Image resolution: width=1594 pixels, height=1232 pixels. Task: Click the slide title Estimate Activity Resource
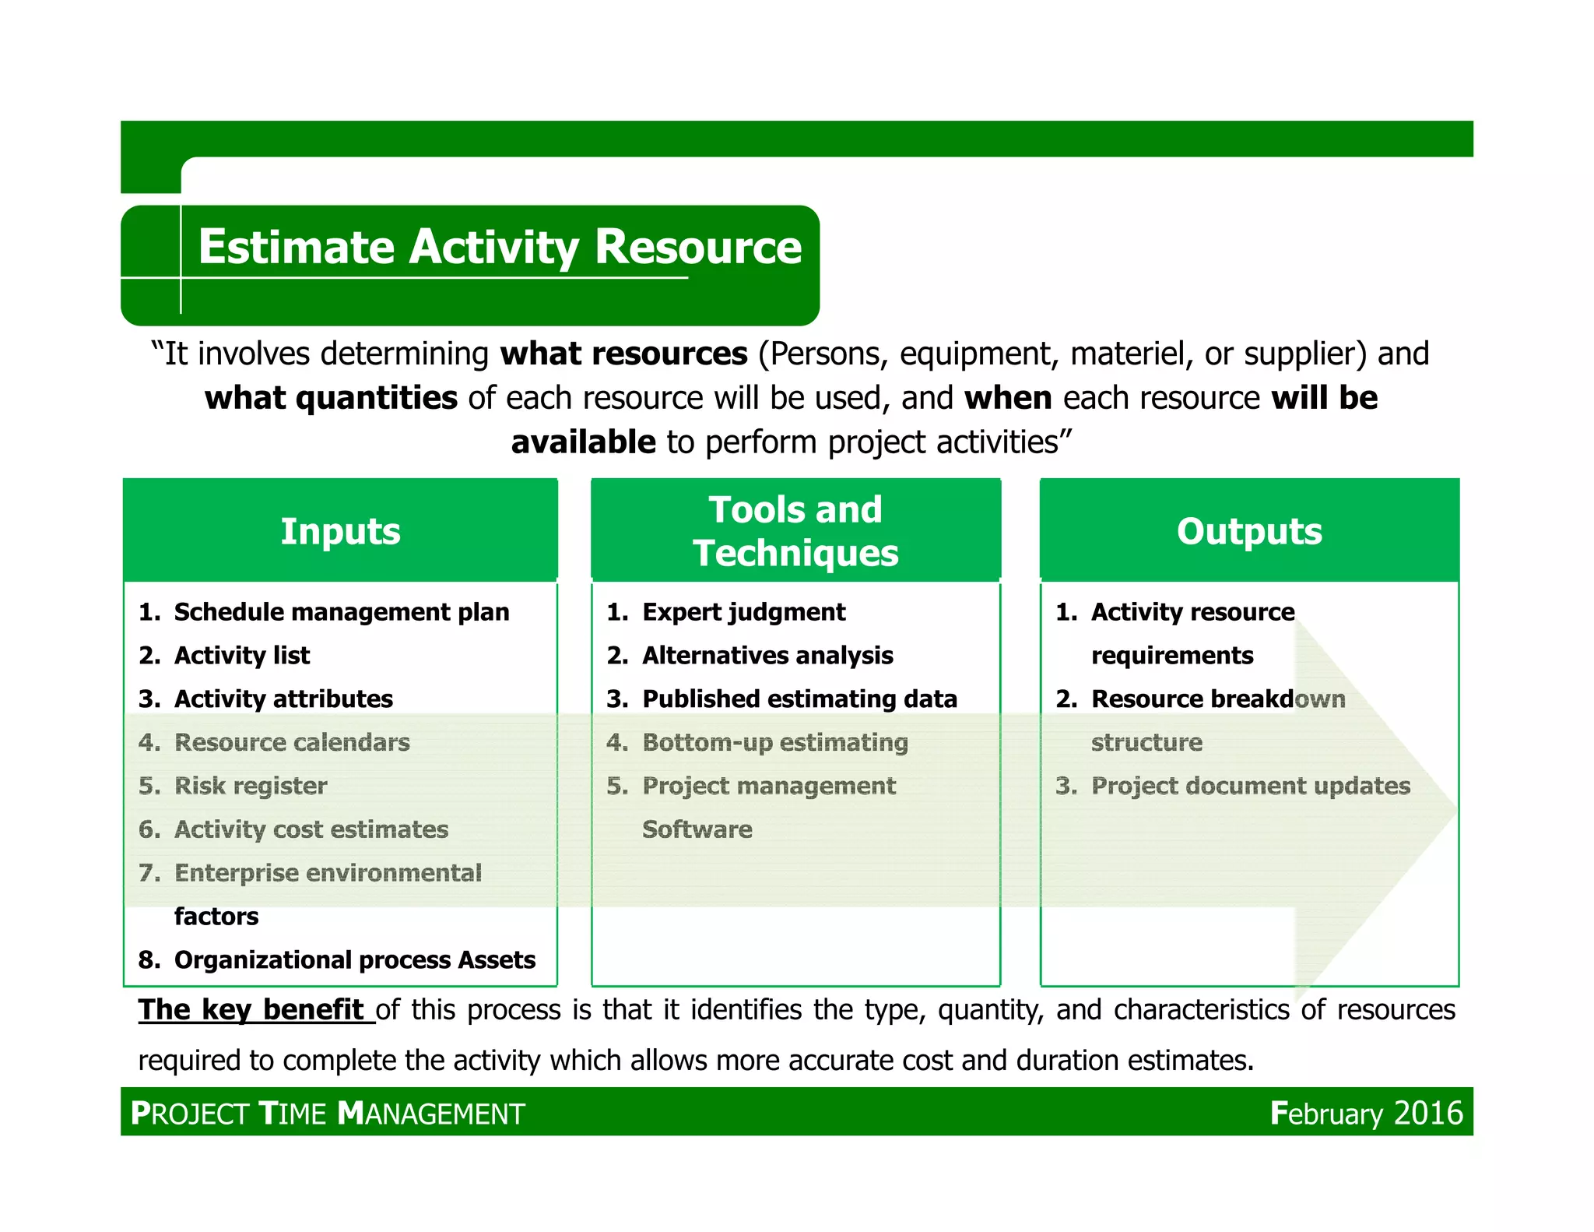[500, 247]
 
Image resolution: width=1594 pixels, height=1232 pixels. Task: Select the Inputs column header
[340, 531]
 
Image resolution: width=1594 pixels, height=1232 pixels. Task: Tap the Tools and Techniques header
[795, 531]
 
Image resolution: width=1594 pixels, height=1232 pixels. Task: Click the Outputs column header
[1248, 531]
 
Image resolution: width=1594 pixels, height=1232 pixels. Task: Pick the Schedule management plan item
[341, 612]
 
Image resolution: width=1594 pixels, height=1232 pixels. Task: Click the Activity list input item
[241, 656]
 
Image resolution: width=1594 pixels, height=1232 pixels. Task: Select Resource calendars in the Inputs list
[291, 742]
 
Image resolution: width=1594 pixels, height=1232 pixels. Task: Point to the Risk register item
[250, 786]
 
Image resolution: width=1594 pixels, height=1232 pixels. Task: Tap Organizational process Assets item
[354, 960]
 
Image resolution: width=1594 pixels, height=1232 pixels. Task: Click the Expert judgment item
[743, 612]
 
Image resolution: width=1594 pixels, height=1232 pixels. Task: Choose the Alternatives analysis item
[767, 656]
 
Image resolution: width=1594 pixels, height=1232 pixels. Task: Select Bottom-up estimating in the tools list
[774, 742]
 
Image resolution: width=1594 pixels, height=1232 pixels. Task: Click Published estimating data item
[799, 699]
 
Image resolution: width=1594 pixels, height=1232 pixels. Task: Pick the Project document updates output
[1250, 786]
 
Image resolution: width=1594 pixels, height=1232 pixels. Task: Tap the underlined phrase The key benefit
[251, 1010]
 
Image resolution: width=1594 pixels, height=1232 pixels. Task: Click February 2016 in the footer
[1366, 1113]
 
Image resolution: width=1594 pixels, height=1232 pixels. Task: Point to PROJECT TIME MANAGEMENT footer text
[328, 1114]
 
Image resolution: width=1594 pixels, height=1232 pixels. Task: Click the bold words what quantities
[331, 398]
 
